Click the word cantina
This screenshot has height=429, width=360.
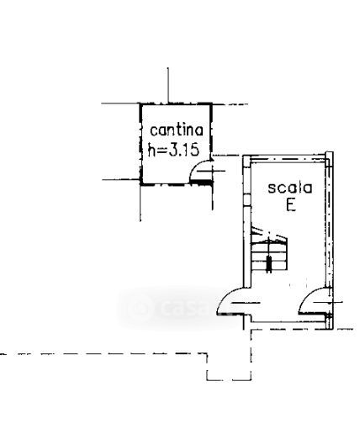177,130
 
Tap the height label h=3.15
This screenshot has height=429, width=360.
173,151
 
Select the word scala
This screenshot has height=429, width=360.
290,188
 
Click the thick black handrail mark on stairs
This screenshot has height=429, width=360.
268,264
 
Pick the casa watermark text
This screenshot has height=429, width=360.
186,308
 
